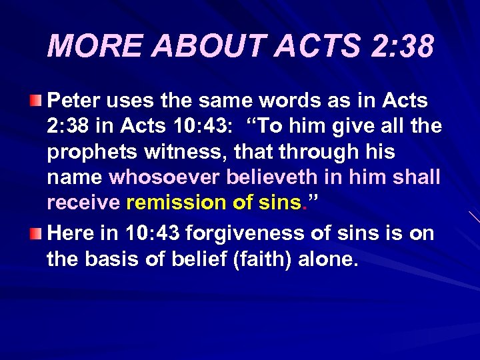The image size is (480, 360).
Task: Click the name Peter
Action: tap(73, 101)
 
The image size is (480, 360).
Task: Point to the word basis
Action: tap(117, 259)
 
